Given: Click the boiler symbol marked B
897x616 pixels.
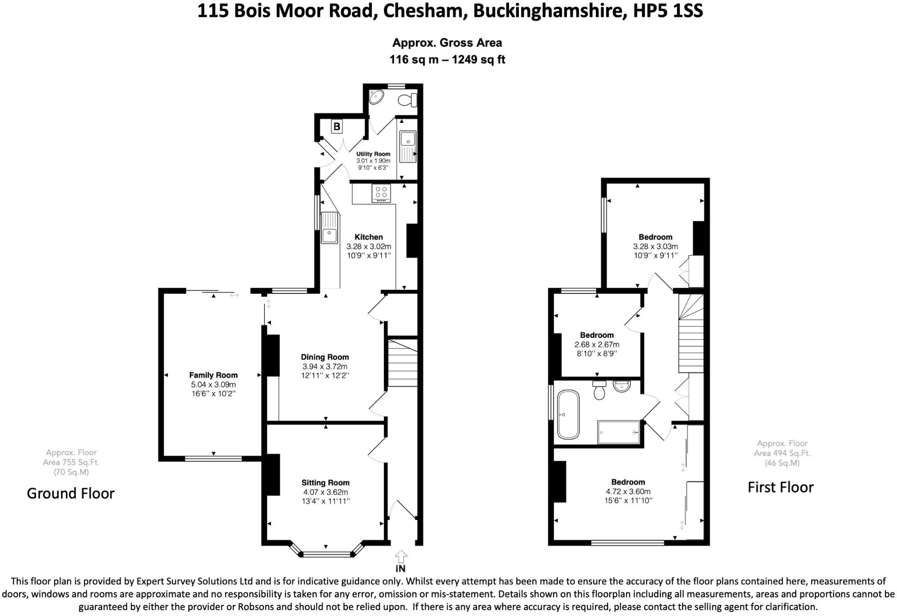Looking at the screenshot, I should pyautogui.click(x=337, y=127).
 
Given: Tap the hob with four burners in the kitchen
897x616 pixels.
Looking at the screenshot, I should pyautogui.click(x=381, y=193).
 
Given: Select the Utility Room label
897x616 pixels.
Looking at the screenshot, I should pyautogui.click(x=373, y=154).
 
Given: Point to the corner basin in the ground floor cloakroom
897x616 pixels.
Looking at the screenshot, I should pyautogui.click(x=376, y=97).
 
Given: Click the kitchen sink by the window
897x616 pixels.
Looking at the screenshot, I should pyautogui.click(x=330, y=228).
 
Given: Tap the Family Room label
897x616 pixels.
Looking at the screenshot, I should pyautogui.click(x=213, y=375).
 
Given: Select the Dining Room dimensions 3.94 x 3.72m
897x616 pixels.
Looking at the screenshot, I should pyautogui.click(x=325, y=366).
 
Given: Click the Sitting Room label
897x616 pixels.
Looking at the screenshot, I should pyautogui.click(x=325, y=482).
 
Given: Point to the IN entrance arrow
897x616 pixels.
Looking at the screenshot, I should pyautogui.click(x=401, y=557).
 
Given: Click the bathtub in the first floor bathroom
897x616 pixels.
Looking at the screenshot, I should pyautogui.click(x=568, y=415).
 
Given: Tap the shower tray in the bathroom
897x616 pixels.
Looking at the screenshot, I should pyautogui.click(x=619, y=432).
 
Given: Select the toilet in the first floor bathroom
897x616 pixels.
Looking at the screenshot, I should pyautogui.click(x=599, y=390).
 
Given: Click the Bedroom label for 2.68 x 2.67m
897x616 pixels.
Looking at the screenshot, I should pyautogui.click(x=597, y=335).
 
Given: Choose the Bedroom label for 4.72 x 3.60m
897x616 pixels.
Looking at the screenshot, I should pyautogui.click(x=628, y=482).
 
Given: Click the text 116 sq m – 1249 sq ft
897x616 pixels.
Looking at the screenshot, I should pyautogui.click(x=447, y=60).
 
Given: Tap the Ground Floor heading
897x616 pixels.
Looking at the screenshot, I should pyautogui.click(x=71, y=493).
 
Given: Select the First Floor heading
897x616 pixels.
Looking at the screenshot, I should pyautogui.click(x=780, y=487).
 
